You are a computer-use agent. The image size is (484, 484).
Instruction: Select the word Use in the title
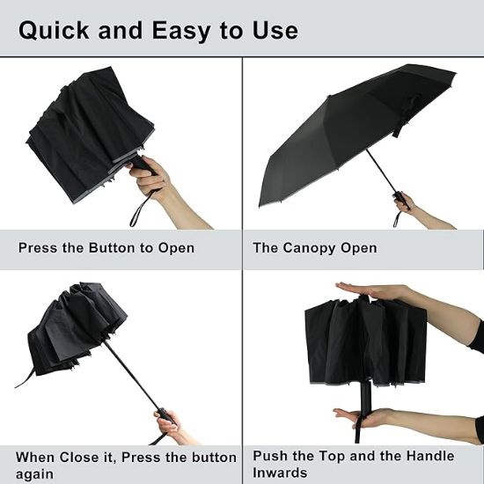click(275, 30)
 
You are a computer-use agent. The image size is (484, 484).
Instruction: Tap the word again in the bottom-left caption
click(35, 473)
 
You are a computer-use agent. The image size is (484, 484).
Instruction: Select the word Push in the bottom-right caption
click(271, 456)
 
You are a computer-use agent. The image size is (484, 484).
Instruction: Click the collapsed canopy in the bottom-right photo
click(361, 339)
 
